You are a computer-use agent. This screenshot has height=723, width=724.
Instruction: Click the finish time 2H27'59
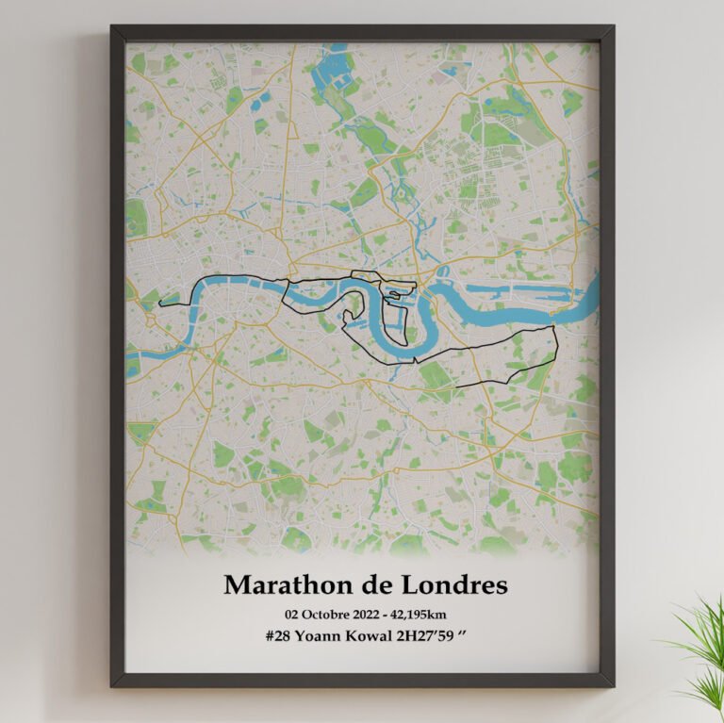425,638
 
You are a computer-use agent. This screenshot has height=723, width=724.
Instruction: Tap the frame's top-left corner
113,28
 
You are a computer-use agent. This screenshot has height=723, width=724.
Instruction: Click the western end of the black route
161,304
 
